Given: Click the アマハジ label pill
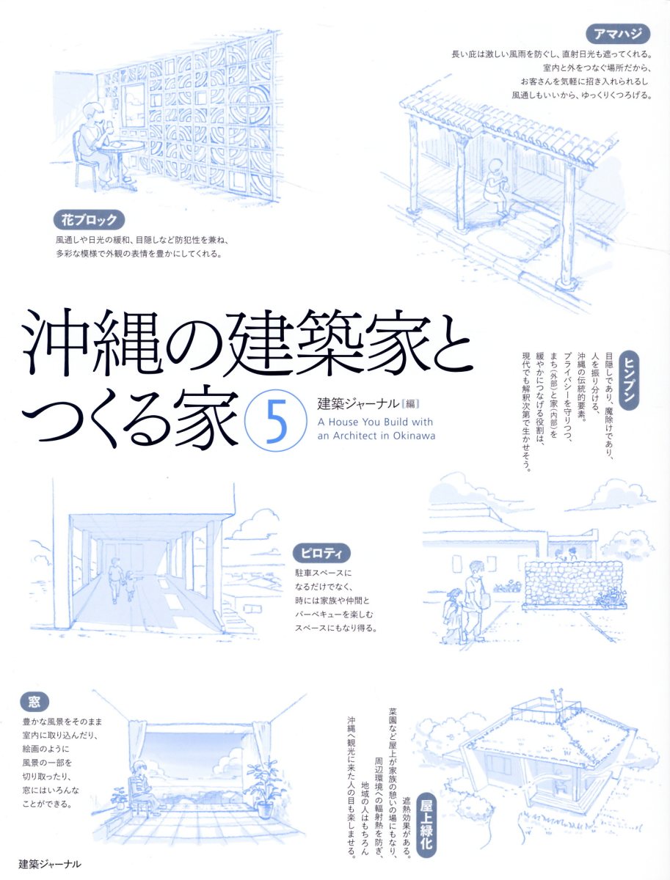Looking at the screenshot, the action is (x=618, y=34).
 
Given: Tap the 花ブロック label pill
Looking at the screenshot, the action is (x=89, y=220).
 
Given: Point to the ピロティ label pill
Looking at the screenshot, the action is (x=322, y=554).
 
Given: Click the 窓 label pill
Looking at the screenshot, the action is (x=34, y=702).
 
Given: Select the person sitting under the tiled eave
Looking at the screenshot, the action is (x=498, y=186).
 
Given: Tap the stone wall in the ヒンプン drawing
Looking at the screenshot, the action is (x=575, y=582).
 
